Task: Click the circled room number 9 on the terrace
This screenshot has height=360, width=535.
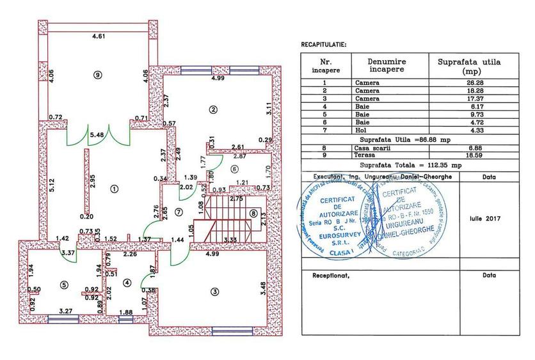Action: click(x=97, y=75)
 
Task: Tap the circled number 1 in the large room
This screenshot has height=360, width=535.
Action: click(x=114, y=189)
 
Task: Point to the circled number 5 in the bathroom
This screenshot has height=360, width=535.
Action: click(x=64, y=285)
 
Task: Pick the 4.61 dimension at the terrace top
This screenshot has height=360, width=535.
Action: click(x=98, y=37)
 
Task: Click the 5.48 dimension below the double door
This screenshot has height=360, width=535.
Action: click(x=97, y=135)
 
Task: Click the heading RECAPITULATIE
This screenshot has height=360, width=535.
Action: click(x=323, y=45)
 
